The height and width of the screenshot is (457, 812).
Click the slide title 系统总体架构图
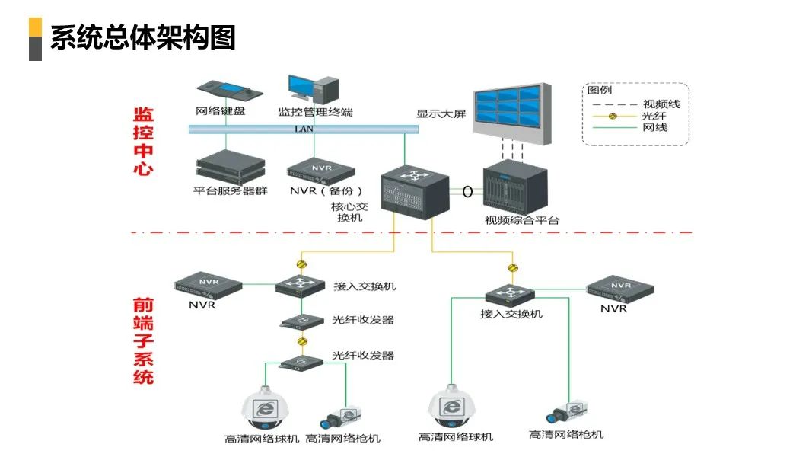pyautogui.click(x=142, y=37)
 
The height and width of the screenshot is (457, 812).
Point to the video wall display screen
pyautogui.click(x=508, y=111)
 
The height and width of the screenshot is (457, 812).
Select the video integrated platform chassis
pyautogui.click(x=515, y=187)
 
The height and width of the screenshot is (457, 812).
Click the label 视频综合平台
pyautogui.click(x=522, y=221)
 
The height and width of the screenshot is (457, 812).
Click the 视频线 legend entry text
pyautogui.click(x=661, y=104)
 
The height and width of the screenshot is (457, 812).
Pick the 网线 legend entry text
pyautogui.click(x=655, y=127)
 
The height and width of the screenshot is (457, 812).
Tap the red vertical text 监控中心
pyautogui.click(x=143, y=142)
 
